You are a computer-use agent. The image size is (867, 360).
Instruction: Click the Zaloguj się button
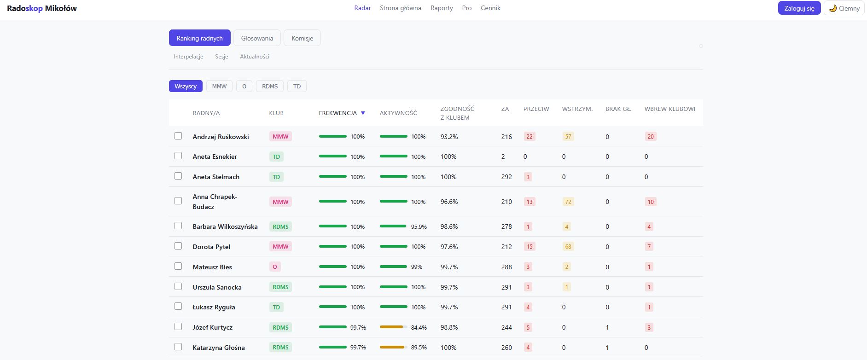click(799, 8)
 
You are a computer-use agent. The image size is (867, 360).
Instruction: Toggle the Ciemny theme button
click(844, 8)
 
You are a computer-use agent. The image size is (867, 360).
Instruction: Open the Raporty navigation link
click(442, 8)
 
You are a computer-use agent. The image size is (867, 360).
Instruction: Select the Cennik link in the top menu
click(490, 8)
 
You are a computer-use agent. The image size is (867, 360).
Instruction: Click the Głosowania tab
click(257, 38)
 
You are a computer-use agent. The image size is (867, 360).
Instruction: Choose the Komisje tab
click(302, 38)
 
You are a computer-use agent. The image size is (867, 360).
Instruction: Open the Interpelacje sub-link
click(188, 57)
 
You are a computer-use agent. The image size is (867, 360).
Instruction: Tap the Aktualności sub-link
click(255, 57)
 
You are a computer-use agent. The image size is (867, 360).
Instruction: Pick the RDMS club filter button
click(270, 86)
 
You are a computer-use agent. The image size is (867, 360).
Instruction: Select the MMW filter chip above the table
click(219, 86)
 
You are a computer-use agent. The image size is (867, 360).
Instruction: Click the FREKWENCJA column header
click(338, 113)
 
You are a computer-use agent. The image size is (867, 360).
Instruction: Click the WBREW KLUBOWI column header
click(670, 109)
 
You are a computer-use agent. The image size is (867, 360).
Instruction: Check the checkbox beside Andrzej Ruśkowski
click(178, 136)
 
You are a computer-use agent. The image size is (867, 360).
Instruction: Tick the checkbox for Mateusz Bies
click(178, 266)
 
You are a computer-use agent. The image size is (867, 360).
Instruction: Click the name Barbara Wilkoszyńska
click(225, 226)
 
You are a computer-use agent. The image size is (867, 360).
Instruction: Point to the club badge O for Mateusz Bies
click(275, 267)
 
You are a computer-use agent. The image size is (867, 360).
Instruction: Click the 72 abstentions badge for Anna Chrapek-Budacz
click(568, 202)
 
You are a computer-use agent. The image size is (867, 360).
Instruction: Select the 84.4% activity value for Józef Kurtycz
click(419, 327)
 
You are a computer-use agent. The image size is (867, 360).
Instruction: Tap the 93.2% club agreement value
click(449, 137)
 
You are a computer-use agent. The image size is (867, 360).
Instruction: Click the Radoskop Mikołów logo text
click(42, 8)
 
